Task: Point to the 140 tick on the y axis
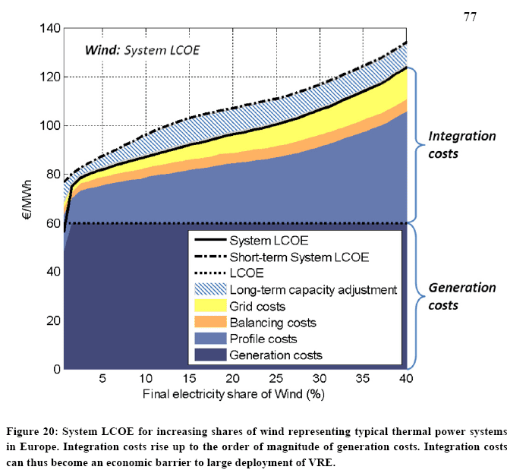48,29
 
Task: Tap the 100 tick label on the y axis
48,126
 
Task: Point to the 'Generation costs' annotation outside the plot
462,296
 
